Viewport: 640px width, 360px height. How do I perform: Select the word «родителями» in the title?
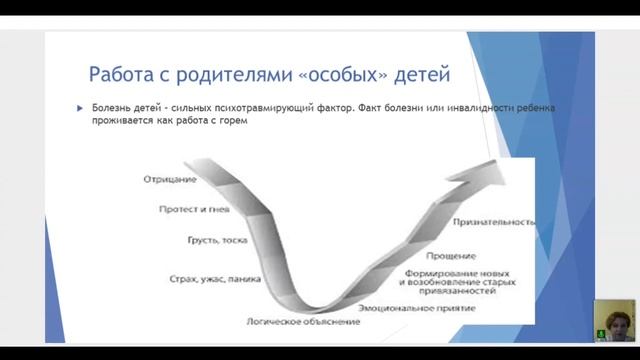pos(226,75)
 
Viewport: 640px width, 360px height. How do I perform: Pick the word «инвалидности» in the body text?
pos(481,108)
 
